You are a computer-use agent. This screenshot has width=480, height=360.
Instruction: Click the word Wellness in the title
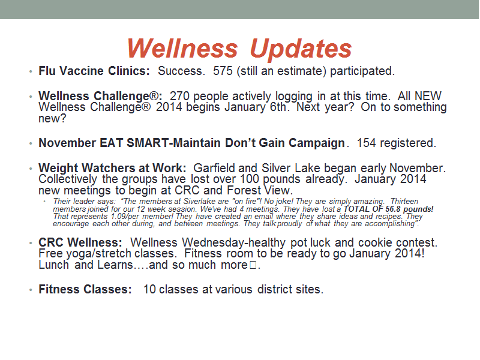coord(182,49)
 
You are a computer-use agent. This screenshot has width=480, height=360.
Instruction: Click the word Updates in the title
coord(301,49)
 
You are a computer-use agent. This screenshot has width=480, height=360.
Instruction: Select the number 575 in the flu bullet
coord(223,71)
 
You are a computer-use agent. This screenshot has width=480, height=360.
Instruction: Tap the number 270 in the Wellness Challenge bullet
coord(179,96)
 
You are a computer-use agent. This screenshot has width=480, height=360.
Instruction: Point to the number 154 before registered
coord(367,143)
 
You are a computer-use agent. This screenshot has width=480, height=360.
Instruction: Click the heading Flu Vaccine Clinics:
coord(94,71)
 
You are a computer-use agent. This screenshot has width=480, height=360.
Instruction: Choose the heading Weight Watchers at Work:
coord(112,168)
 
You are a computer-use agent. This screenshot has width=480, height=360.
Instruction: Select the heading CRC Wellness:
coord(80,242)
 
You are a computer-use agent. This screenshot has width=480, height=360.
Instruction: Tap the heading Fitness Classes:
coord(85,289)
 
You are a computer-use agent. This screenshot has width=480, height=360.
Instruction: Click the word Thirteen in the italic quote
coord(404,202)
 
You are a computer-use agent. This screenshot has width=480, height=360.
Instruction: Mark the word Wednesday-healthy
coord(233,243)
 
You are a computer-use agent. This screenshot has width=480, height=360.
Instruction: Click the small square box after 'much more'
coord(253,265)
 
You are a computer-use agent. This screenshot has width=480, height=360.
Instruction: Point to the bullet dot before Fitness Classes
coord(31,290)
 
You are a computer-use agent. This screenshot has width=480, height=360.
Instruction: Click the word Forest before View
coord(244,190)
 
